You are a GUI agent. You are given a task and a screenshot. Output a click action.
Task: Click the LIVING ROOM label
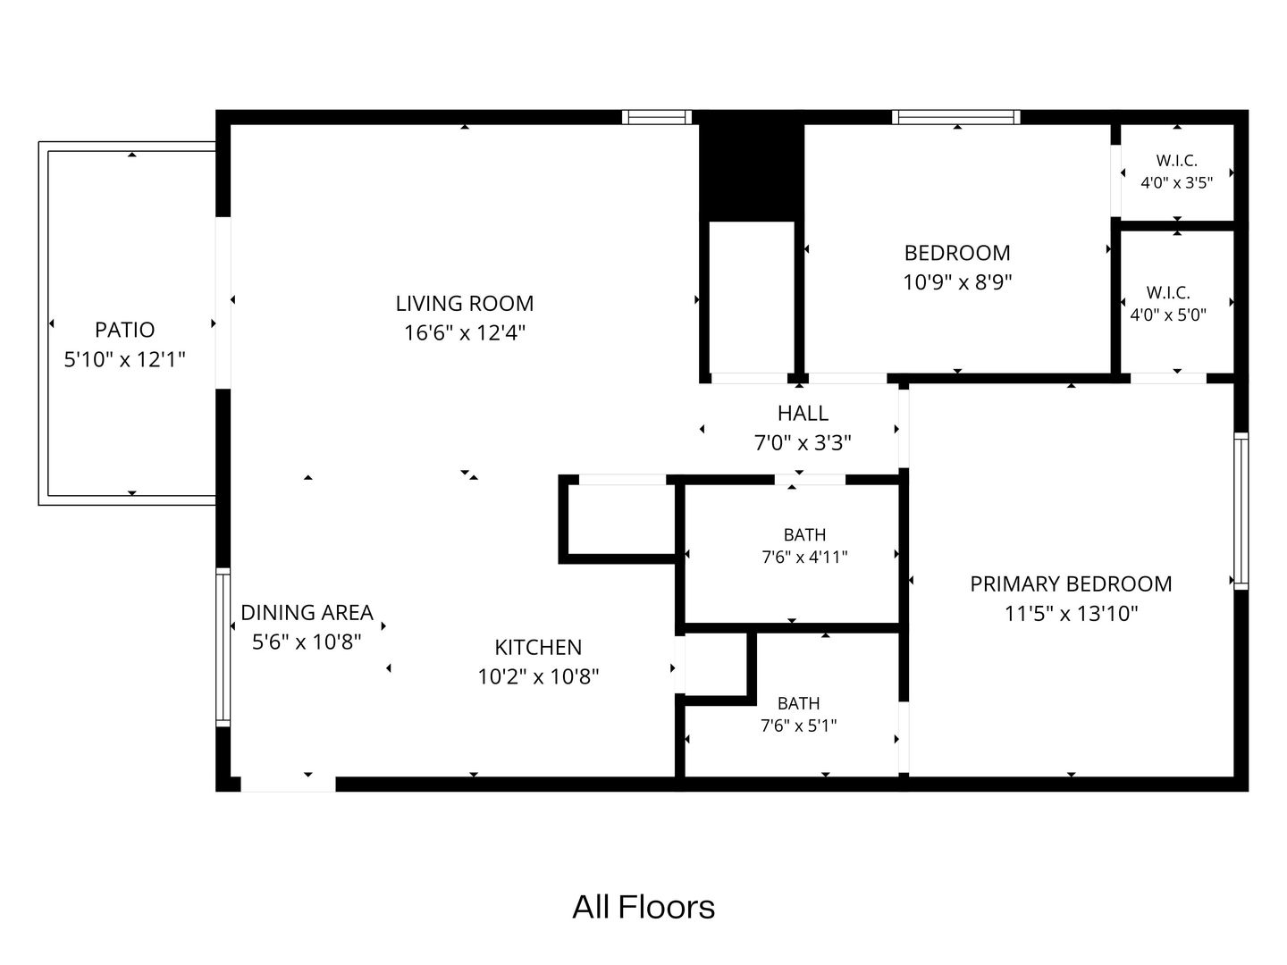pos(465,304)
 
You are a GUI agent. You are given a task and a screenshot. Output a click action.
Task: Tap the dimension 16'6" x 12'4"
pos(465,332)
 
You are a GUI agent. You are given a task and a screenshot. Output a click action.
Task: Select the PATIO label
pos(125,330)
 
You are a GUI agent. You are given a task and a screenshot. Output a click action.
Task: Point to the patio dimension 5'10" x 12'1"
pos(125,359)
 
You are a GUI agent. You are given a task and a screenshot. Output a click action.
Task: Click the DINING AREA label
pos(307,612)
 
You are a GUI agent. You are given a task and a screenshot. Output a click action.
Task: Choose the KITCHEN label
pos(538,648)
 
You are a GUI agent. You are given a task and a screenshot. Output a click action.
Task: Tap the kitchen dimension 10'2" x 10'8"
pos(538,676)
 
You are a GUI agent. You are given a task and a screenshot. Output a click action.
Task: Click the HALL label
pos(803,413)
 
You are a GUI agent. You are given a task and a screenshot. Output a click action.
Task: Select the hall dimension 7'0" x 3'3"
pos(803,442)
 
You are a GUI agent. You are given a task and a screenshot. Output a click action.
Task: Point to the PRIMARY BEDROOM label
pos(1071,584)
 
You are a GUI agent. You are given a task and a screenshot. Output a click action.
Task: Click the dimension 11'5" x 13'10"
pos(1071,614)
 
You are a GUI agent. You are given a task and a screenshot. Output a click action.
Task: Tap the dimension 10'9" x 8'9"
pos(957,282)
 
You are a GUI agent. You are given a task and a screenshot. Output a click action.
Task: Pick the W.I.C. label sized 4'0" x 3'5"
pos(1177,161)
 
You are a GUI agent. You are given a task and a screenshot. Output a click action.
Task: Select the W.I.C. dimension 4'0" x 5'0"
pos(1168,315)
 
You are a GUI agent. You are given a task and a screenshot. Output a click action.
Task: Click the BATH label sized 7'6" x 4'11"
pos(804,535)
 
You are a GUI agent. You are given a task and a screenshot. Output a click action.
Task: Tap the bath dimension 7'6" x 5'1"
pos(799,726)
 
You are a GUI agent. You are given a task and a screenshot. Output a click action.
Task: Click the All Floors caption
pos(643,907)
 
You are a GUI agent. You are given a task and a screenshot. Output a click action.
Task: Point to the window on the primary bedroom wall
pos(1241,511)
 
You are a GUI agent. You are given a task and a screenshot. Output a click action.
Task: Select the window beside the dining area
pos(223,647)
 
